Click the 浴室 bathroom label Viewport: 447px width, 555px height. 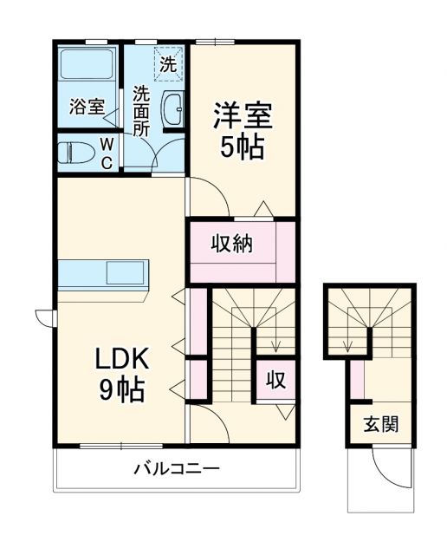(x=87, y=107)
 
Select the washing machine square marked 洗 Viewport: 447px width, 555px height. (x=168, y=62)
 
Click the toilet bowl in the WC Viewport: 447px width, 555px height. (x=76, y=153)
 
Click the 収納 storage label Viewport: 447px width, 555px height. (x=232, y=245)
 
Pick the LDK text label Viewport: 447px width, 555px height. (x=122, y=358)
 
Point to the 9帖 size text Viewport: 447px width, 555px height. (x=122, y=390)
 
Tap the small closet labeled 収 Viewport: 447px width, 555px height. (x=275, y=380)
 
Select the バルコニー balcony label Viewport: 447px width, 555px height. (x=176, y=469)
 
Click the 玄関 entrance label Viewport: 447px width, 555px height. (x=380, y=425)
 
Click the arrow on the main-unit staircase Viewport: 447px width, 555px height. (x=274, y=343)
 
